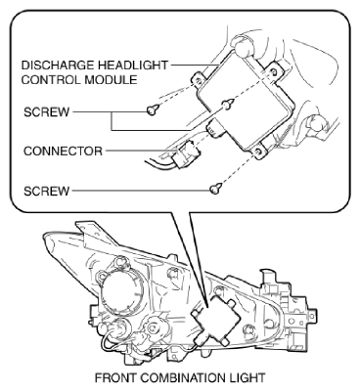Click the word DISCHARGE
(58, 65)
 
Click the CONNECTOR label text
(63, 151)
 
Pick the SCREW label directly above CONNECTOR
(47, 112)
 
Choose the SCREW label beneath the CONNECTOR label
(47, 191)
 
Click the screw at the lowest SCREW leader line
(216, 189)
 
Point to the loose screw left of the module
(153, 109)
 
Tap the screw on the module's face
(228, 104)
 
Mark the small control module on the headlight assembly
(216, 320)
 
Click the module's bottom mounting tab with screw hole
(259, 152)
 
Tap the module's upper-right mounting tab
(274, 71)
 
